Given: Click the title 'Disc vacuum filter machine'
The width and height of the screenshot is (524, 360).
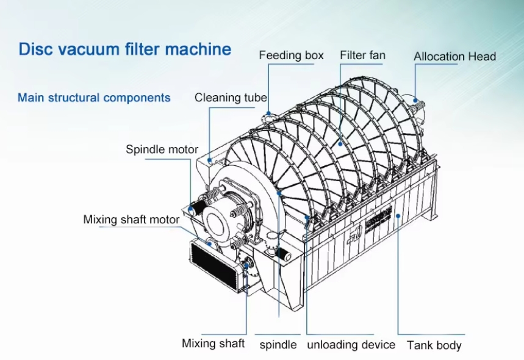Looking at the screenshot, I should point(125,49).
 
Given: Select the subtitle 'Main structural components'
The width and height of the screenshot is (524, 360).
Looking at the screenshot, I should point(94,98).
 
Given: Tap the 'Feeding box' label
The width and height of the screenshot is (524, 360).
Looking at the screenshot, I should point(291,56).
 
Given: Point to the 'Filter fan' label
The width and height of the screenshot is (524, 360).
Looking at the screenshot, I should point(362,56).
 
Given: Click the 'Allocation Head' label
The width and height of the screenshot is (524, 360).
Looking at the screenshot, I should point(454,57).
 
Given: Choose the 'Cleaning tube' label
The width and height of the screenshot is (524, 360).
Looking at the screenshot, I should point(231,98).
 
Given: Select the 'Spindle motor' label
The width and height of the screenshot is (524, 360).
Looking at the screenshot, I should point(162,149).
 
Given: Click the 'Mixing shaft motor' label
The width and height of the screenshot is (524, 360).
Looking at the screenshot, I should point(131,219).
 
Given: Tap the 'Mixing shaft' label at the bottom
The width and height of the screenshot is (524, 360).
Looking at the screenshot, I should point(213,343).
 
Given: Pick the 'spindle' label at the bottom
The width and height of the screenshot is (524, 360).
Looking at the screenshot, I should point(278,345).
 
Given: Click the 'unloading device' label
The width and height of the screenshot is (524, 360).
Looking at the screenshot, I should point(351,345).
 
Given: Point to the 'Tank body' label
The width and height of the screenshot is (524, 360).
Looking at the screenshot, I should point(434,345).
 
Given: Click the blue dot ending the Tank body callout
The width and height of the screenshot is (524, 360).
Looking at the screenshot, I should point(398,215).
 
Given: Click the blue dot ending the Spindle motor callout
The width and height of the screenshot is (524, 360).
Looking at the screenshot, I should point(191,210).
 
